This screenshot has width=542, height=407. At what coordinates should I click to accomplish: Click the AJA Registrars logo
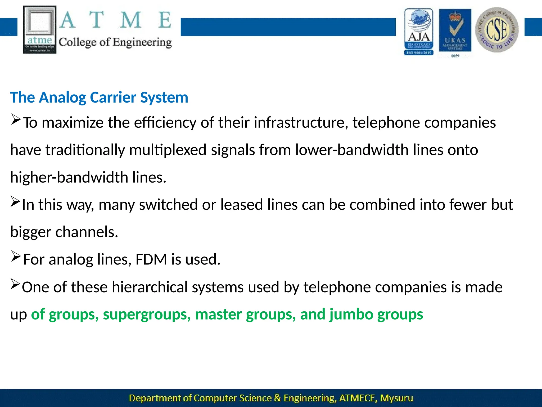point(419,32)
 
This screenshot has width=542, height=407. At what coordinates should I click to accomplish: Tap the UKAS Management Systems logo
point(455,31)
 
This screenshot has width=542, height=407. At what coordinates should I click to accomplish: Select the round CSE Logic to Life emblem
point(497,30)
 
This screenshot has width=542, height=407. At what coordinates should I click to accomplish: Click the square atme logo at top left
point(40,29)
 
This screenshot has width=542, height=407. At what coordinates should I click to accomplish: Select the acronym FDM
point(151,259)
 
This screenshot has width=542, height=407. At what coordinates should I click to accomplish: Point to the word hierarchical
point(150,287)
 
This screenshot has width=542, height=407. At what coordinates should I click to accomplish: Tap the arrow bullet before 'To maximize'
point(16,120)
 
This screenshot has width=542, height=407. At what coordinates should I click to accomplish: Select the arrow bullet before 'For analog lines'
point(16,256)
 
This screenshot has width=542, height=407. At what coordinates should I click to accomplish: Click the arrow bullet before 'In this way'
point(15,202)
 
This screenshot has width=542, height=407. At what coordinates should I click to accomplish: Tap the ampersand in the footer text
point(277,398)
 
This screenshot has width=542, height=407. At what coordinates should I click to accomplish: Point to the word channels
point(87,232)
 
